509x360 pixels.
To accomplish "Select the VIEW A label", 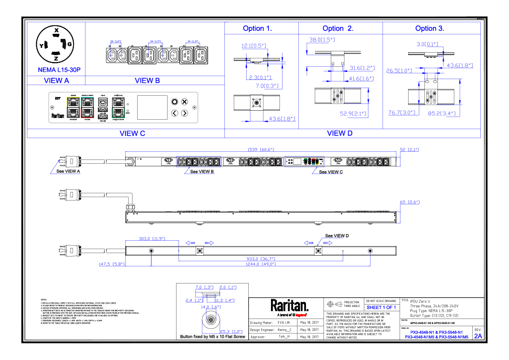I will pos(56,80).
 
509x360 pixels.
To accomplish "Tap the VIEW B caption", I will pos(147,80).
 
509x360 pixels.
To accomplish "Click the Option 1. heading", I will pos(257,29).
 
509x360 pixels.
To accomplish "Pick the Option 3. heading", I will pos(430,29).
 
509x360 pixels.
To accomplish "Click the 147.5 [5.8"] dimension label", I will pos(111,264).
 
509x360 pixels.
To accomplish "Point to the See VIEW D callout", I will pos(337,236).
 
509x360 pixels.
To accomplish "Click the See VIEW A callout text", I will pos(68,171).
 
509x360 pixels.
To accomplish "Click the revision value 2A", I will pos(477,336).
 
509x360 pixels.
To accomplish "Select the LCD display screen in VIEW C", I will pos(152,107).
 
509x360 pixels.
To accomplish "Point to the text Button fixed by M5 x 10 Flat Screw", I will pos(213,337).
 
